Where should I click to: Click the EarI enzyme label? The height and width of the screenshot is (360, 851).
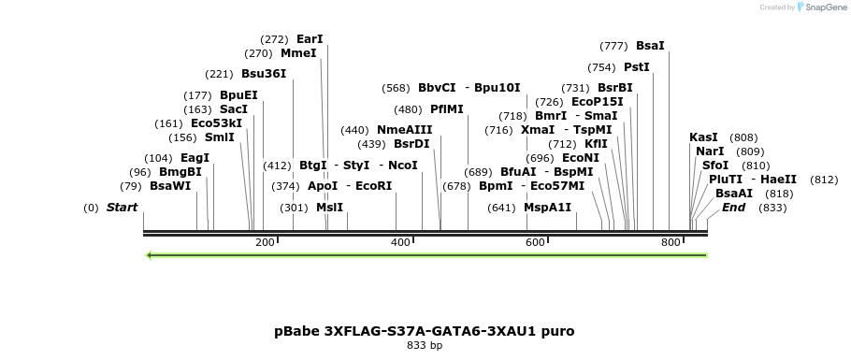pos(310,39)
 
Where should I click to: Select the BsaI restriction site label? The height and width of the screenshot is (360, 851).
pos(650,45)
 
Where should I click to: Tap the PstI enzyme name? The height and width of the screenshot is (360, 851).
pos(636,67)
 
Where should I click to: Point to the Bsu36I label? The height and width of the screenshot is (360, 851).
pos(264,73)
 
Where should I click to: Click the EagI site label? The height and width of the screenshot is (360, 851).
pos(195,158)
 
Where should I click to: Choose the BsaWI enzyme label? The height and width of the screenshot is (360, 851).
pos(170,186)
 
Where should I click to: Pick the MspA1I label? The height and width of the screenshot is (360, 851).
pos(547,208)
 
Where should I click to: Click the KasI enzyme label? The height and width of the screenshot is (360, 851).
pos(703,137)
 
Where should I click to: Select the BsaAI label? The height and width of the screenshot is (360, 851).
pos(734,194)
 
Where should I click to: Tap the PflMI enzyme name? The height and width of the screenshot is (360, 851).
pos(447,109)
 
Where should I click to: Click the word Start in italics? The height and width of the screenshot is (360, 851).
pos(122,208)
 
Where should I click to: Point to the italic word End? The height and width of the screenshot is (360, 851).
pos(733,208)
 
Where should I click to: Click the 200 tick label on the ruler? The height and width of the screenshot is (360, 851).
pos(265,243)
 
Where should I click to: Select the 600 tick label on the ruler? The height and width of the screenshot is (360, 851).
pos(535,243)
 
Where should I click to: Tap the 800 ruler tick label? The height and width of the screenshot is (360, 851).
pos(670,243)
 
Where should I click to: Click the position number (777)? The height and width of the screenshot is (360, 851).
pos(613,46)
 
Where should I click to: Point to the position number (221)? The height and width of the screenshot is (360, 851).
pos(219,74)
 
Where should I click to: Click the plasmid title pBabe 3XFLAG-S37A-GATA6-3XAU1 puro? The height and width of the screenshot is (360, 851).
pos(425,331)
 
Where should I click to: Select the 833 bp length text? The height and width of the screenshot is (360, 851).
pos(425,346)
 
